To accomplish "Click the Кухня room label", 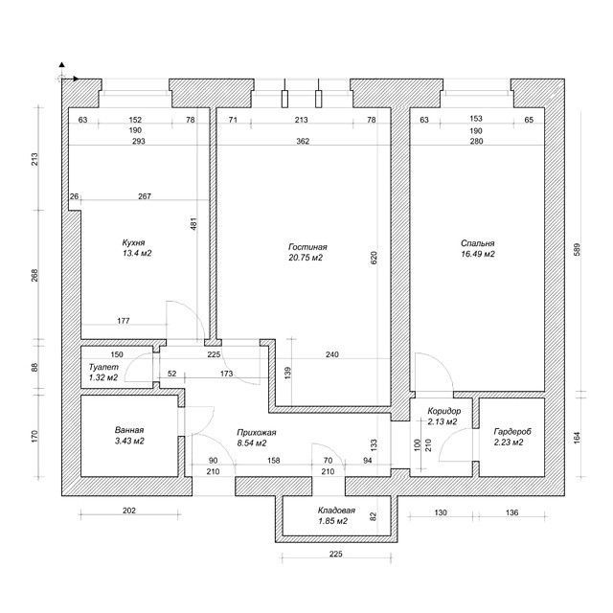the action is click(x=133, y=242).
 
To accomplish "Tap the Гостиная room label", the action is click(x=307, y=247).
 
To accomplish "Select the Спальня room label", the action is click(x=477, y=243).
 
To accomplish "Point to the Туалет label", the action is click(x=103, y=367).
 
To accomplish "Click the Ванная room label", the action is click(x=129, y=430).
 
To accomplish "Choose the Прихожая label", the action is click(x=257, y=433).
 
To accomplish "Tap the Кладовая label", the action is click(x=336, y=511).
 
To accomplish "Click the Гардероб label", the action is click(x=512, y=432).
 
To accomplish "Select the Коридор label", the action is click(x=444, y=411).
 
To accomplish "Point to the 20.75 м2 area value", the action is click(x=306, y=258).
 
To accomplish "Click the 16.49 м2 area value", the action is click(x=478, y=254).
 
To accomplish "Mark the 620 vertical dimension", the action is click(x=374, y=258).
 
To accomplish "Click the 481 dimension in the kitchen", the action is click(x=193, y=223).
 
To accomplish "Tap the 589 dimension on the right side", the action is click(x=577, y=250).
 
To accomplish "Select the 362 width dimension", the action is click(x=303, y=141).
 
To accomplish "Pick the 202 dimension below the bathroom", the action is click(x=129, y=511).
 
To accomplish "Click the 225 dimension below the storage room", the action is click(x=336, y=554).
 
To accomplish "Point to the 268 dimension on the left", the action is click(x=34, y=276).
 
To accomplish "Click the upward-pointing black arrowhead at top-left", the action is click(x=61, y=65).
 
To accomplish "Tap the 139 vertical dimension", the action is click(x=288, y=374).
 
